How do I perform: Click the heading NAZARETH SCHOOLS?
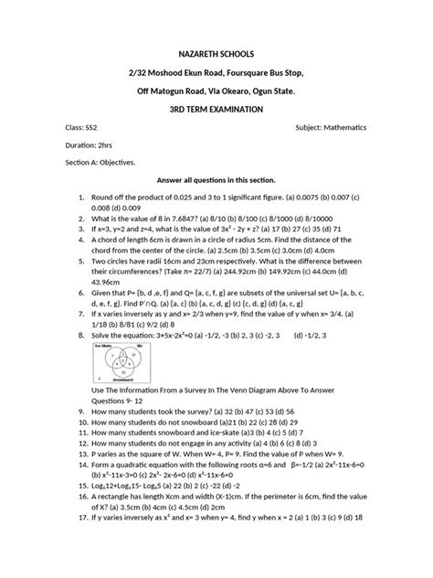pos(216,54)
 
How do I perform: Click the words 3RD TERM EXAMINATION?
pos(216,108)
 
